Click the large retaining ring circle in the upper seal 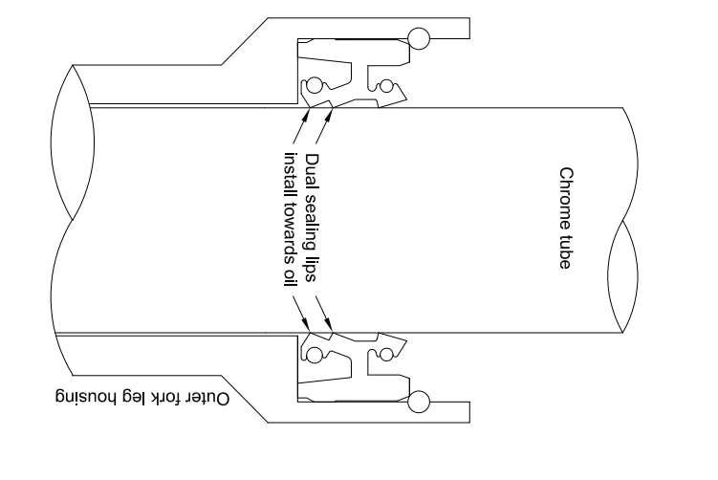418,38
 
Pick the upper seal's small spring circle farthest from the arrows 385,84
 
